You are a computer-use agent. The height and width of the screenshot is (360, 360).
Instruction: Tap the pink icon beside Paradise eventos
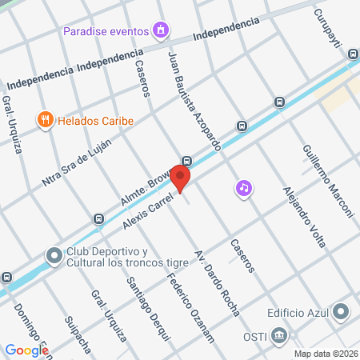click(162, 31)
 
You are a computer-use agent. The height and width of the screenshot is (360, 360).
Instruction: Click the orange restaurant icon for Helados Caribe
click(45, 121)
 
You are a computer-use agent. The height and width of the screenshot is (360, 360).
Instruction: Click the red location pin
click(182, 177)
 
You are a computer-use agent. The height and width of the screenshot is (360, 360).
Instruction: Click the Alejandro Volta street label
click(299, 218)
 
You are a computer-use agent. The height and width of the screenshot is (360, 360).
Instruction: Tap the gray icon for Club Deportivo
click(54, 256)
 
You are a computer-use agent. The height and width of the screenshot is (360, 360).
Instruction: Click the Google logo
click(27, 350)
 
